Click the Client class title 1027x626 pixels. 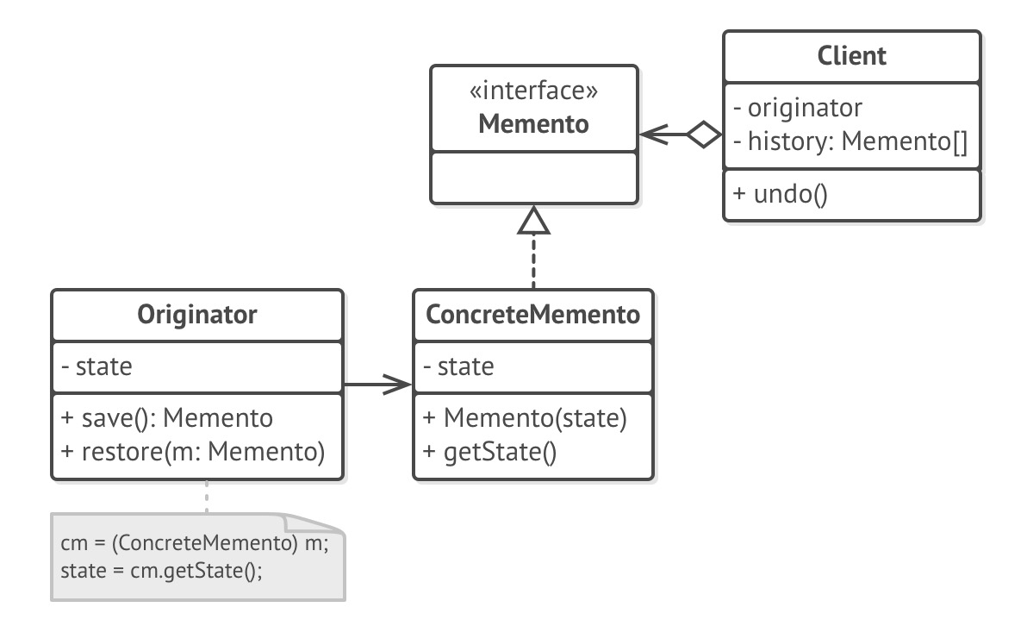(850, 57)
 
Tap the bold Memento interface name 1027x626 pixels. (533, 123)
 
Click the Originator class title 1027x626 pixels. (197, 315)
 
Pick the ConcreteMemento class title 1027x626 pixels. (533, 315)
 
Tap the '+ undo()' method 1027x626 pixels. (780, 194)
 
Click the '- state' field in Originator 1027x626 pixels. (96, 366)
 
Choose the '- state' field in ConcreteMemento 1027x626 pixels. (458, 366)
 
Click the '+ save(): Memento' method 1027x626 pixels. (166, 418)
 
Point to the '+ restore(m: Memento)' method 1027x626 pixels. (192, 450)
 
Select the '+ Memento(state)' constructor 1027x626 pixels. (524, 418)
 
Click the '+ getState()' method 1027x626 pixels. (489, 450)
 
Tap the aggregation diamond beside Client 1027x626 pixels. (705, 134)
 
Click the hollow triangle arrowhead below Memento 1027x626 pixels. (533, 222)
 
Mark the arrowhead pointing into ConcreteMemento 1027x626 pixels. (399, 385)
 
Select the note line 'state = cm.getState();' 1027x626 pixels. (161, 570)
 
